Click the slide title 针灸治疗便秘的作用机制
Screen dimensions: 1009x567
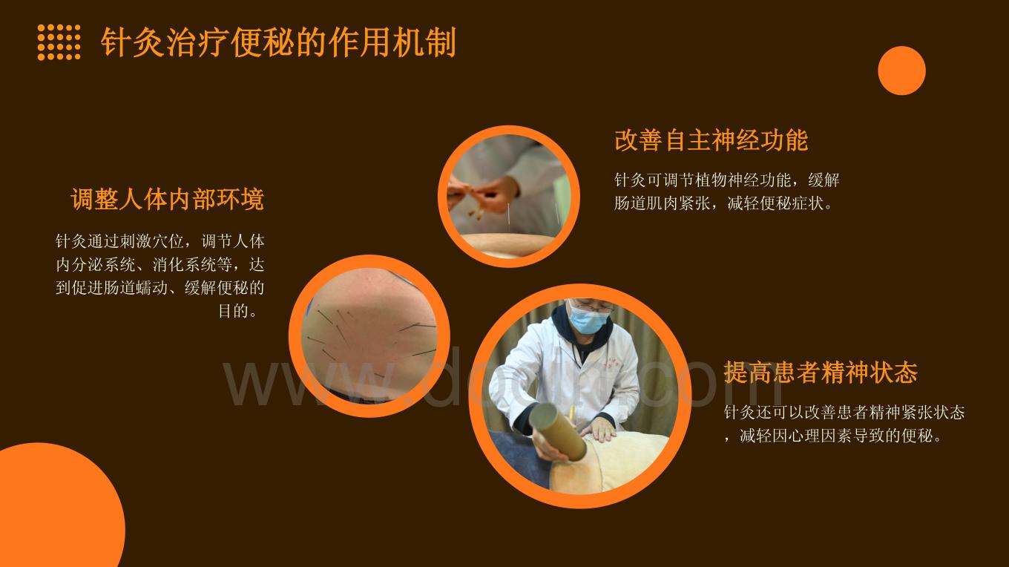(278, 42)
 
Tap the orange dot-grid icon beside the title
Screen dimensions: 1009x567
(59, 42)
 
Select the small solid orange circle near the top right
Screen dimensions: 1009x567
(901, 71)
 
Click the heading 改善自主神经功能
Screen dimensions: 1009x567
(711, 140)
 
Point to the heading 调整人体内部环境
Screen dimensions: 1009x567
(167, 199)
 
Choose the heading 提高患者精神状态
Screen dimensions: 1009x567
(821, 373)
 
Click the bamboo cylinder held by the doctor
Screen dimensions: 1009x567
(558, 431)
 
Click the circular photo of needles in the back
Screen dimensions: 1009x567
(369, 335)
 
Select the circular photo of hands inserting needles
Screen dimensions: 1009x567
(509, 197)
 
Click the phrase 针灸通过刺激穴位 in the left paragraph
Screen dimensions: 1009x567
(120, 242)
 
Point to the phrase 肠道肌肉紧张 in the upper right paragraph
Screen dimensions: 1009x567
(662, 204)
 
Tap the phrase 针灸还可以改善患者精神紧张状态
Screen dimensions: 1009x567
(844, 413)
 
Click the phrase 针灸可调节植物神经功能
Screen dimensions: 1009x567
(703, 180)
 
